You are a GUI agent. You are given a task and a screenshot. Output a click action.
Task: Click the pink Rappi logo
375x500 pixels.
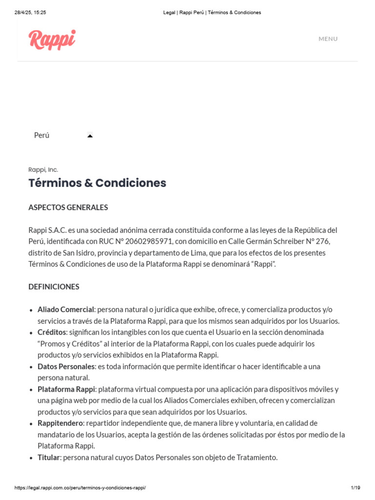[x=52, y=40]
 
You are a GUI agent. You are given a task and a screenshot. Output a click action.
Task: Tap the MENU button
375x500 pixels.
[x=328, y=39]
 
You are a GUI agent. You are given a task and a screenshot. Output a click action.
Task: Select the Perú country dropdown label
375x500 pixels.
[x=42, y=135]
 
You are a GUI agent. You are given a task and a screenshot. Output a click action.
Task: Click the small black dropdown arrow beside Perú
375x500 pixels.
[x=90, y=136]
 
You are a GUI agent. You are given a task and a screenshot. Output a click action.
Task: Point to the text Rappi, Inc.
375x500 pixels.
[x=43, y=169]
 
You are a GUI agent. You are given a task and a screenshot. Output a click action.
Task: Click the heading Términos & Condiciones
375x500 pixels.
[x=97, y=183]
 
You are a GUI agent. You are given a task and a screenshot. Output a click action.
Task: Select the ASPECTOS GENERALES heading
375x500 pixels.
[x=68, y=208]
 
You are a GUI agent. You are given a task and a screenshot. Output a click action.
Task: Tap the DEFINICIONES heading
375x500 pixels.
[x=54, y=287]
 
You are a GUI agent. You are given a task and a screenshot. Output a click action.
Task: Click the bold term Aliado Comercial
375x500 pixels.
[x=65, y=310]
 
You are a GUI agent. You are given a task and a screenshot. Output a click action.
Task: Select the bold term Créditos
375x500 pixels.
[x=52, y=332]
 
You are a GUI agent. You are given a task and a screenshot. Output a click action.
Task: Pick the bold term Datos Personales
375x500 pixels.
[x=66, y=366]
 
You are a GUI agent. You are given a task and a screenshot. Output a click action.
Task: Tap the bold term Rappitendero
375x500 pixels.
[x=61, y=423]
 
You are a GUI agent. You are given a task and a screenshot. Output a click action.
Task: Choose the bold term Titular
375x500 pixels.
[x=48, y=458]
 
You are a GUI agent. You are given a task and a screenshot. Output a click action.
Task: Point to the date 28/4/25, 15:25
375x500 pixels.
[x=30, y=12]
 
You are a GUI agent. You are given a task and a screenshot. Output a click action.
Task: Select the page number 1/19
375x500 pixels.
[x=355, y=488]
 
